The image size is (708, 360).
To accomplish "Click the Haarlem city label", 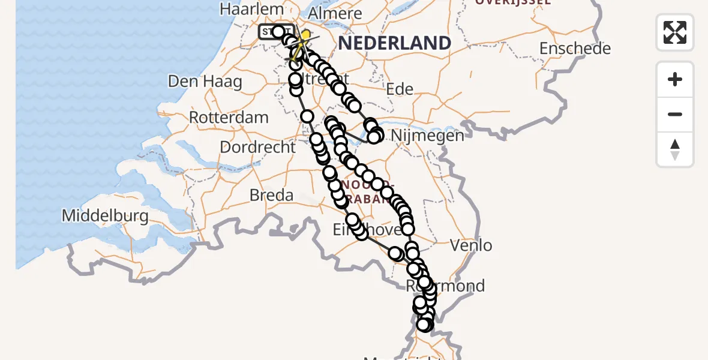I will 251,9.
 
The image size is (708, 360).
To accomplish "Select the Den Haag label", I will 205,81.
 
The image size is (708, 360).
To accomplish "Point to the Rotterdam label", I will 229,117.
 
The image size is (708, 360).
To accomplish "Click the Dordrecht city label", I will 257,147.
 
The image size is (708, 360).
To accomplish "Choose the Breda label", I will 272,195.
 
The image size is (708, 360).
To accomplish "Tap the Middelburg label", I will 105,216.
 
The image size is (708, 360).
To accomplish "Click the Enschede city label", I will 575,48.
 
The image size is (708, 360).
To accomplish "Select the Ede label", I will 400,89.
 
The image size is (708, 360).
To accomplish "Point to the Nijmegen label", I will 427,136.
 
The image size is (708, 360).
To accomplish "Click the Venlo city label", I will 471,245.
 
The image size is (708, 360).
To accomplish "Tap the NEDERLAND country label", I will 395,43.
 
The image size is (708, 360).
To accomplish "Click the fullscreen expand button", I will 675,32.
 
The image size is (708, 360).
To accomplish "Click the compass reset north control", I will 675,150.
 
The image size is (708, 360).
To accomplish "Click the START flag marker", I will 275,31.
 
